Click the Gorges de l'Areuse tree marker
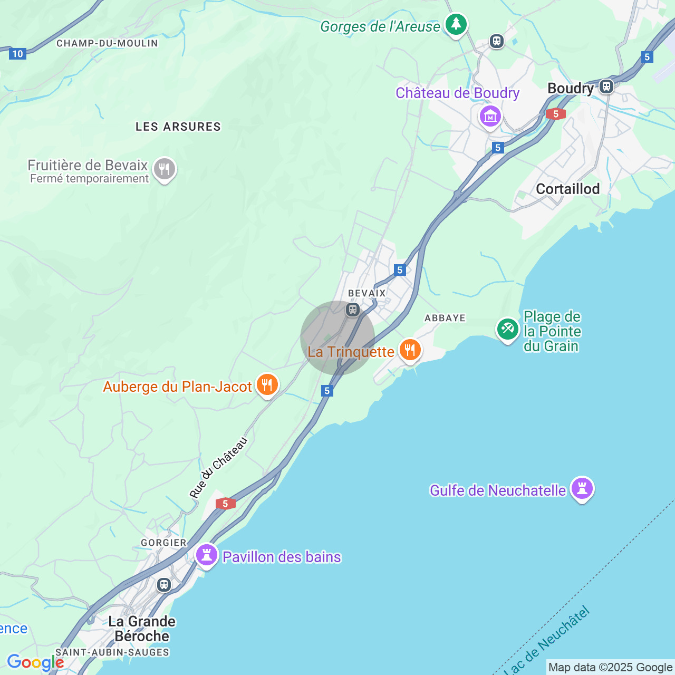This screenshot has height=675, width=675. [456, 24]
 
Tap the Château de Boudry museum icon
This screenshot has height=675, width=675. [490, 116]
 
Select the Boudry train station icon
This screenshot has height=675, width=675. [606, 86]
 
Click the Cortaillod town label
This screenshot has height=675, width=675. [567, 189]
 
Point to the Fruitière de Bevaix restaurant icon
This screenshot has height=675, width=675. [164, 169]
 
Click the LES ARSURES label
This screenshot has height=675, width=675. [178, 127]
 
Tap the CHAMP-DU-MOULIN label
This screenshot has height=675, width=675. [107, 43]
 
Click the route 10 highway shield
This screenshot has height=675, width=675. [17, 53]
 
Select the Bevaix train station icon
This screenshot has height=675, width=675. [353, 310]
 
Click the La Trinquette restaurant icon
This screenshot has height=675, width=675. [410, 350]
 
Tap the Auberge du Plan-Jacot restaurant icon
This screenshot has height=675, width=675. [267, 385]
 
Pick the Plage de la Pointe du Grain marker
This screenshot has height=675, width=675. [507, 329]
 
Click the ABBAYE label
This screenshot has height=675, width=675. [445, 318]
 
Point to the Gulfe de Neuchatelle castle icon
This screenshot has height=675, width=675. [582, 488]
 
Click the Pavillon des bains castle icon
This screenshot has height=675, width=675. [207, 555]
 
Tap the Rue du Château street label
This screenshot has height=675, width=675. [218, 468]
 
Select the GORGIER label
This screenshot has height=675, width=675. [163, 543]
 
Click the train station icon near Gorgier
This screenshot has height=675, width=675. [164, 584]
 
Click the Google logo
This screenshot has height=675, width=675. [35, 662]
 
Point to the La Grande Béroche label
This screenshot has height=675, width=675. [141, 629]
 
